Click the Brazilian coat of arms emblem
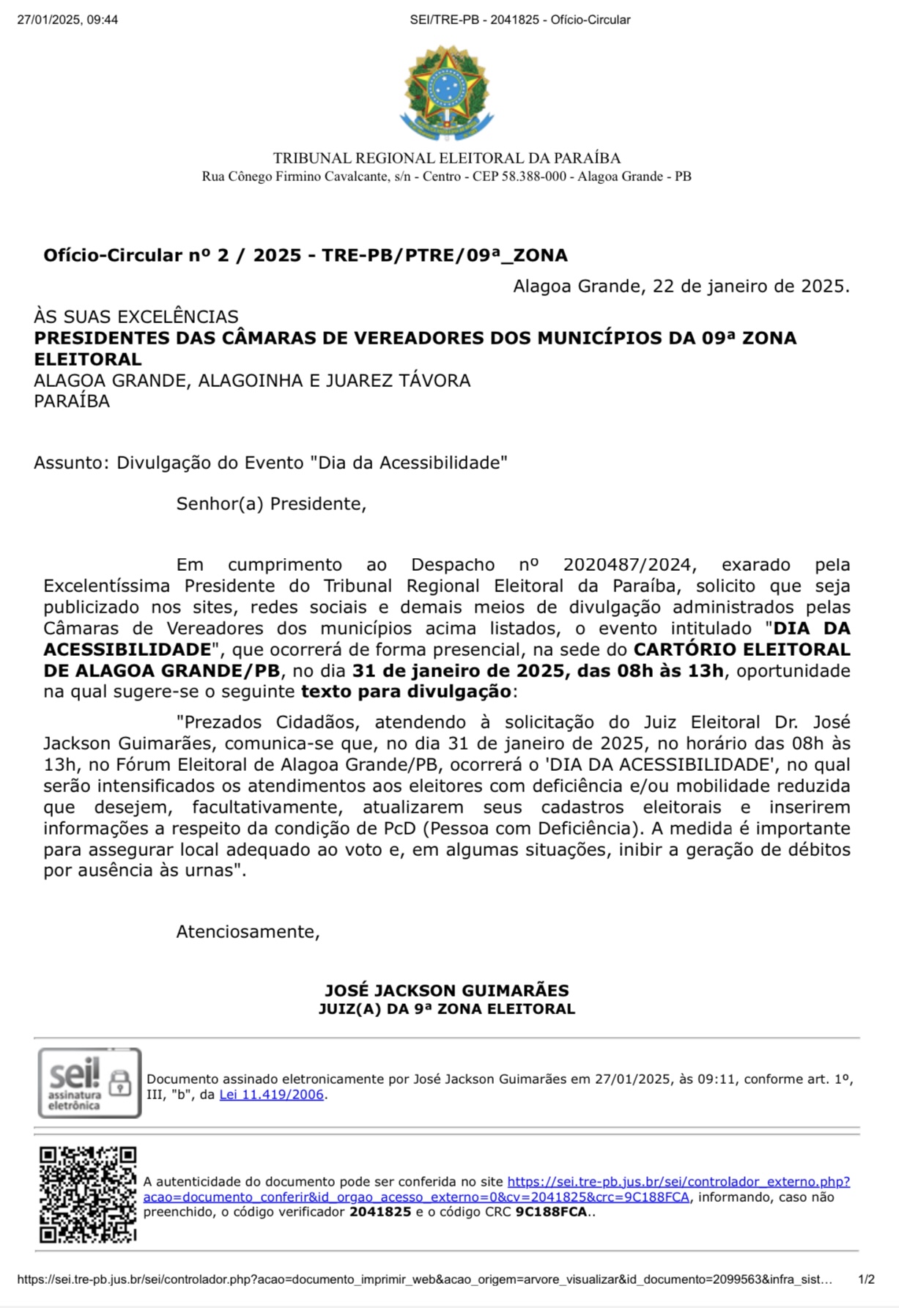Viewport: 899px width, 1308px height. tap(445, 93)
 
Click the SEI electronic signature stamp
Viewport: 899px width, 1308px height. tap(89, 1082)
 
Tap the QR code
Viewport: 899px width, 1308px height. tap(88, 1194)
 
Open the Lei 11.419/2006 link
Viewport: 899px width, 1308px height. tap(271, 1095)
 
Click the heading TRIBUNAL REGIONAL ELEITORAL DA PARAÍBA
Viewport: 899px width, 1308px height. tap(446, 158)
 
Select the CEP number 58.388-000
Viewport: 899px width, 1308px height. tap(533, 177)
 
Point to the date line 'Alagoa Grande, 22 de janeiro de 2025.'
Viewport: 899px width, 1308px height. tap(681, 286)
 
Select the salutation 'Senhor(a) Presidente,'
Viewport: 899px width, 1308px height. tap(271, 504)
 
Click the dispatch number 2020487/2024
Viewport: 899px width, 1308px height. tap(627, 565)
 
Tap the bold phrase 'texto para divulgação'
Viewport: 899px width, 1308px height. tap(406, 692)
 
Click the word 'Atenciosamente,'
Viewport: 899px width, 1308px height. tap(248, 932)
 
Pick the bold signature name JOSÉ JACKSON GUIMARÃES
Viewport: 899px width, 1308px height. tap(446, 991)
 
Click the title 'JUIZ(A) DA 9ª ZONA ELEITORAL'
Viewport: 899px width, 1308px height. tap(446, 1009)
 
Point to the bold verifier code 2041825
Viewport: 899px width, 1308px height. tap(380, 1212)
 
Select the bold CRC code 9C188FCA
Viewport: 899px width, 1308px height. tap(551, 1212)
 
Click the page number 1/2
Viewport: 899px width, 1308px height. tap(866, 1279)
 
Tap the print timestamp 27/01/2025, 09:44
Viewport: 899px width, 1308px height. tap(67, 20)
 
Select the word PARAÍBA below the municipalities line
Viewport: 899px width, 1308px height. tap(72, 402)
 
